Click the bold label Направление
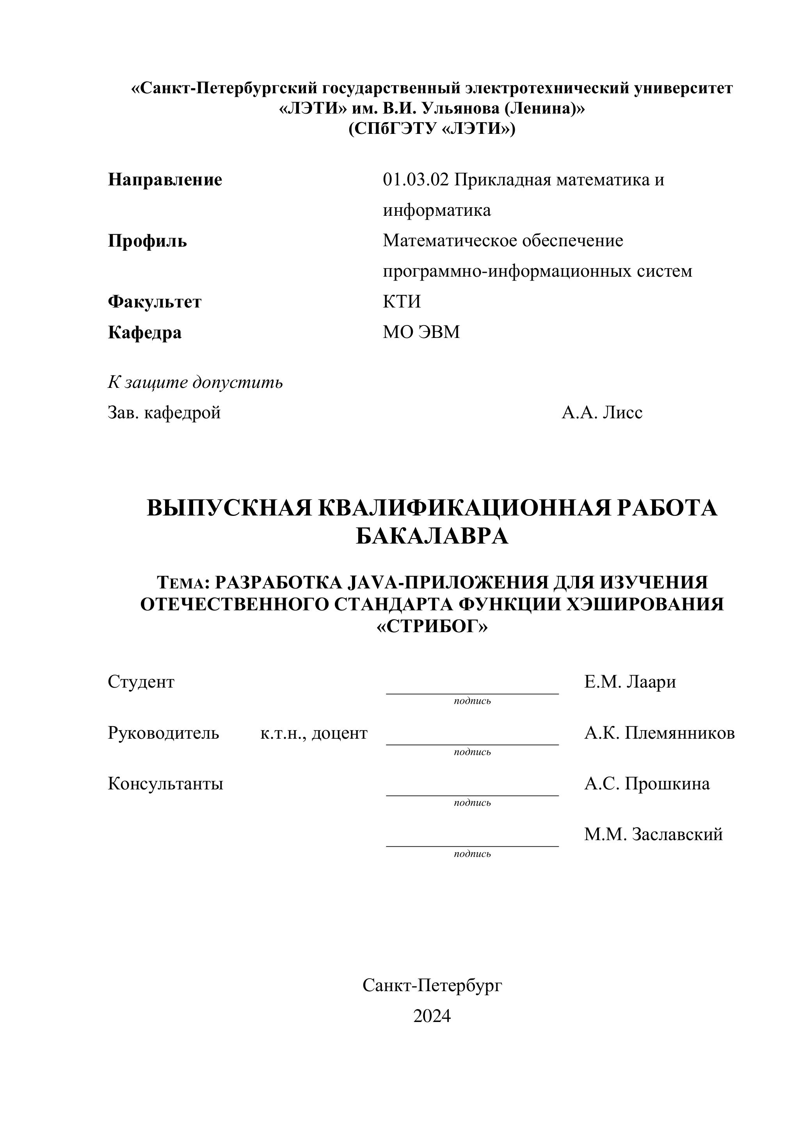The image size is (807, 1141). coord(165,180)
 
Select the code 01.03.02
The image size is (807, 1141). coord(416,180)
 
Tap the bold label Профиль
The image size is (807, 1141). coord(148,241)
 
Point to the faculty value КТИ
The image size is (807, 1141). coord(402,302)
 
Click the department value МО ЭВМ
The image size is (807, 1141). coord(421,332)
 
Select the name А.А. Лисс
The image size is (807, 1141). coord(602,412)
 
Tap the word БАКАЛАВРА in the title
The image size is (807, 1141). coord(432,536)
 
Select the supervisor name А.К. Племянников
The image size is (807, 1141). coord(659,733)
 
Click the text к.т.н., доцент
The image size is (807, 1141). coord(314,733)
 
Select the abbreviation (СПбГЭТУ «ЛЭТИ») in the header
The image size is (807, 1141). coord(432,129)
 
